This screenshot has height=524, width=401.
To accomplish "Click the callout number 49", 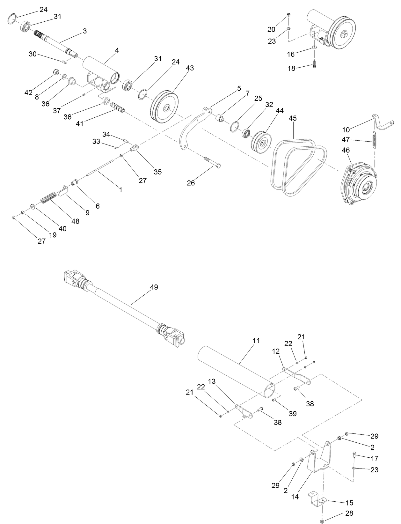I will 154,287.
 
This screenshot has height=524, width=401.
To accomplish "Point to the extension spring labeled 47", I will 375,140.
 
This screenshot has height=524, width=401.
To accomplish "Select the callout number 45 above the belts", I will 292,118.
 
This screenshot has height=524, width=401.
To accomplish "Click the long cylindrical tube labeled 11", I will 236,372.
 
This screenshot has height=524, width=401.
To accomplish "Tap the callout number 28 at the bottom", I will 349,513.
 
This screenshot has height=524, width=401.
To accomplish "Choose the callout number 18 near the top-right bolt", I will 292,68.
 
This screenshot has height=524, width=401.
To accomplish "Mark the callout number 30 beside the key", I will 33,54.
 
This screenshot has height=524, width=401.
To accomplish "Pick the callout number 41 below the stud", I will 79,124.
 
